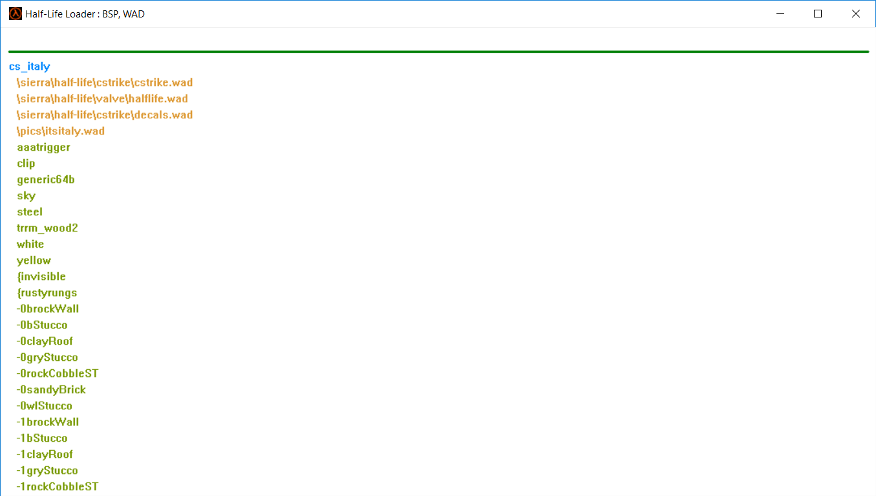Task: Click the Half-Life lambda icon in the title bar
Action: click(x=15, y=14)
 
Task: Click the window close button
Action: click(x=855, y=14)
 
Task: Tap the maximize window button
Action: click(x=818, y=14)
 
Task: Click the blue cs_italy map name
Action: click(x=30, y=67)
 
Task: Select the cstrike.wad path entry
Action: click(x=105, y=83)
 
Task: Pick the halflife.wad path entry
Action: click(x=102, y=99)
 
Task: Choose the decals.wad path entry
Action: click(x=105, y=115)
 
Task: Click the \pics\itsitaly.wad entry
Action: click(x=61, y=131)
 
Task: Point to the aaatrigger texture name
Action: click(x=43, y=147)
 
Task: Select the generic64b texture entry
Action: click(x=46, y=180)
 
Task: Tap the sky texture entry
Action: click(x=27, y=196)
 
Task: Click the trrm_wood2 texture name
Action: click(x=47, y=228)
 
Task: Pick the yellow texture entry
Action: click(x=34, y=261)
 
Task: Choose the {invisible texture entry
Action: click(x=41, y=277)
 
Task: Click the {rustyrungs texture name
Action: click(x=47, y=293)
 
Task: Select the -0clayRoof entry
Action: click(x=45, y=341)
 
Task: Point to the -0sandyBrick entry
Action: click(x=51, y=390)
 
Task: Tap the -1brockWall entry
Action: click(x=48, y=422)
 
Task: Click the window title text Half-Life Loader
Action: click(x=85, y=14)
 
